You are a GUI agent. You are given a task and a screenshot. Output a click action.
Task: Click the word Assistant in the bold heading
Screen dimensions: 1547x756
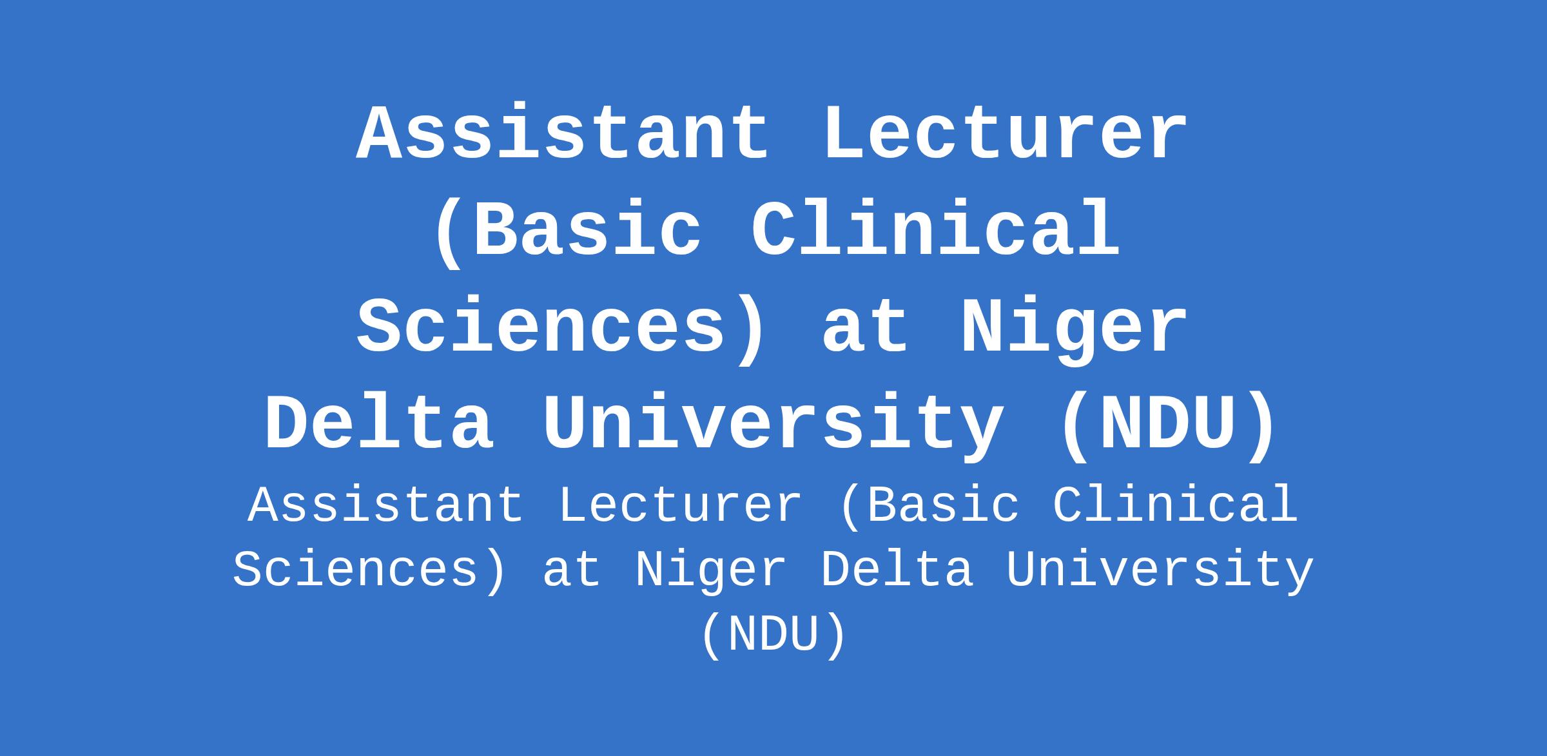coord(563,133)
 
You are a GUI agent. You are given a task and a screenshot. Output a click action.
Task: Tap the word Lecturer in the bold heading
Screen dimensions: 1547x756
coord(1006,133)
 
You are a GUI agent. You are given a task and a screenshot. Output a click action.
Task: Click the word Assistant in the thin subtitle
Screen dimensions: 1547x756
coord(385,506)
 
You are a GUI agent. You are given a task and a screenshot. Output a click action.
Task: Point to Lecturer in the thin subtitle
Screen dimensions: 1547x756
coord(680,506)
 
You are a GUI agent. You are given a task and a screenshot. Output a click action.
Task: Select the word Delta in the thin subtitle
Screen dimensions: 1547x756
coord(897,571)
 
